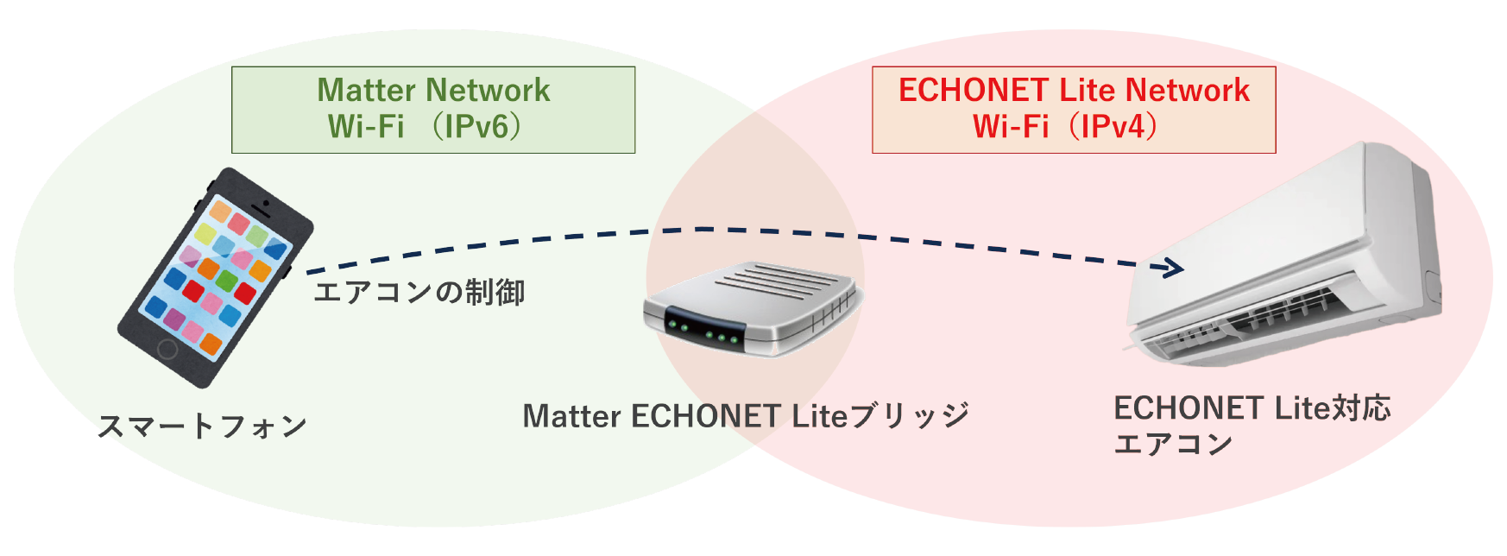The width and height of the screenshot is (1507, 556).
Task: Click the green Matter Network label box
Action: [x=432, y=110]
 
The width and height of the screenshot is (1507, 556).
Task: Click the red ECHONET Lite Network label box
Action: [x=1073, y=110]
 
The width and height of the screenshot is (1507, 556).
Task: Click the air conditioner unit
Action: [x=1286, y=259]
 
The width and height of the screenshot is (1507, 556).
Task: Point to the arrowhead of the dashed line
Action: [x=1175, y=269]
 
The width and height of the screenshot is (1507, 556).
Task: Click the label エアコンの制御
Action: [x=419, y=293]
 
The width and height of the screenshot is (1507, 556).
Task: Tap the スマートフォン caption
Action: [x=202, y=426]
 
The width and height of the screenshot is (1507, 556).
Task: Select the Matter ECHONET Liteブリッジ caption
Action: [x=746, y=416]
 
